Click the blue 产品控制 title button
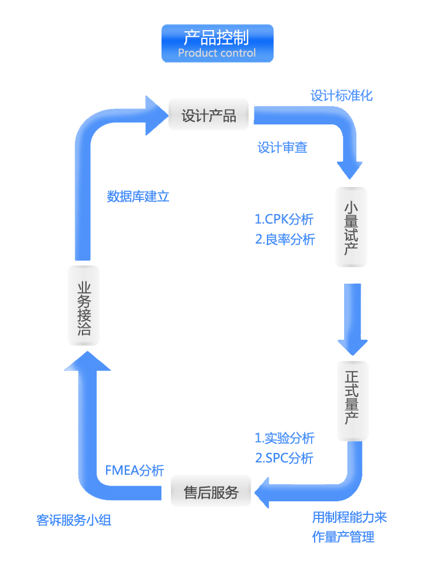217,42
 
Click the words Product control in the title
217,53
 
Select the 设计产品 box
209,116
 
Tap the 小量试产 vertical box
351,226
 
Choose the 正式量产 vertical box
352,400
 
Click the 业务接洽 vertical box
84,306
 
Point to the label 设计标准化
342,96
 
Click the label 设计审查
282,147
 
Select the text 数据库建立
138,196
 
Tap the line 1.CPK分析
284,219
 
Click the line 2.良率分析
285,239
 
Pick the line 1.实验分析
285,438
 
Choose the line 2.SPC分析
284,458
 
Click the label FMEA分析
134,470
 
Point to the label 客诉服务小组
74,521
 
